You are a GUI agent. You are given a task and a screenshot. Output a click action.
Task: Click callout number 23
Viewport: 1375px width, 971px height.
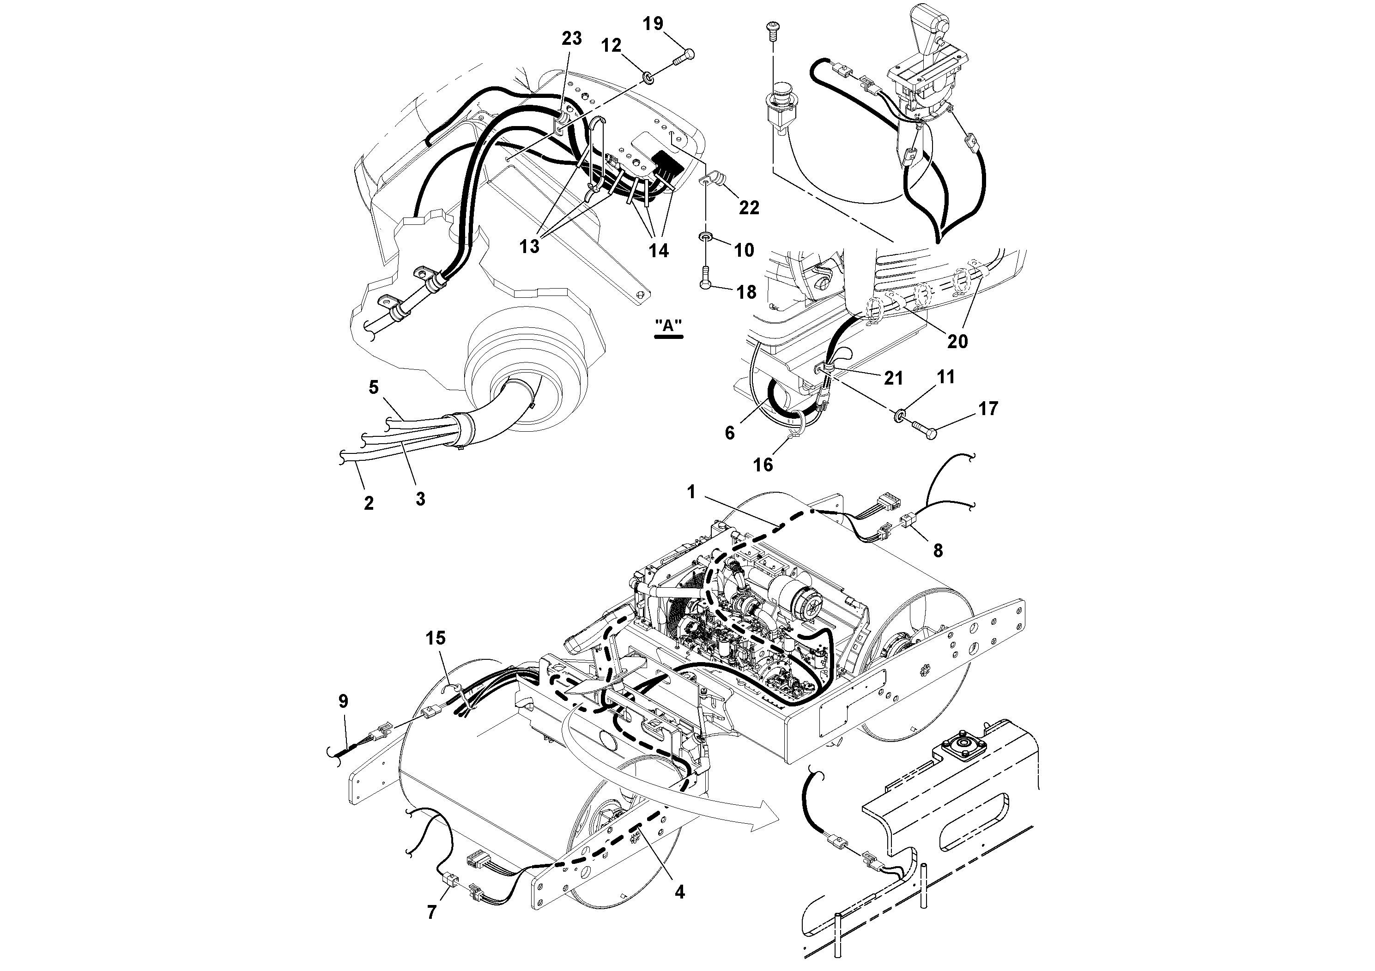pyautogui.click(x=571, y=38)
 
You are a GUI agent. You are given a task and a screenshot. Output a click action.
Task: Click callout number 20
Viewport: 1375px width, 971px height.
pyautogui.click(x=957, y=341)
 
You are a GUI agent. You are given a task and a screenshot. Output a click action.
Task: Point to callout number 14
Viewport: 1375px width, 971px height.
pyautogui.click(x=658, y=250)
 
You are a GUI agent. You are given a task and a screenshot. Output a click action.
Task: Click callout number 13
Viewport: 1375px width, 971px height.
pyautogui.click(x=529, y=246)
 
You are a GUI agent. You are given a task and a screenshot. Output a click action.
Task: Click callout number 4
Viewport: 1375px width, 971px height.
pyautogui.click(x=678, y=892)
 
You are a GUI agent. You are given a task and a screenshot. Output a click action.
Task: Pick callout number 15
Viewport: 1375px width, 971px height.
pyautogui.click(x=436, y=638)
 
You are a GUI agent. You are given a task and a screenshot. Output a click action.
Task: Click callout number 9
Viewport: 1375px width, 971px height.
pyautogui.click(x=343, y=701)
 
